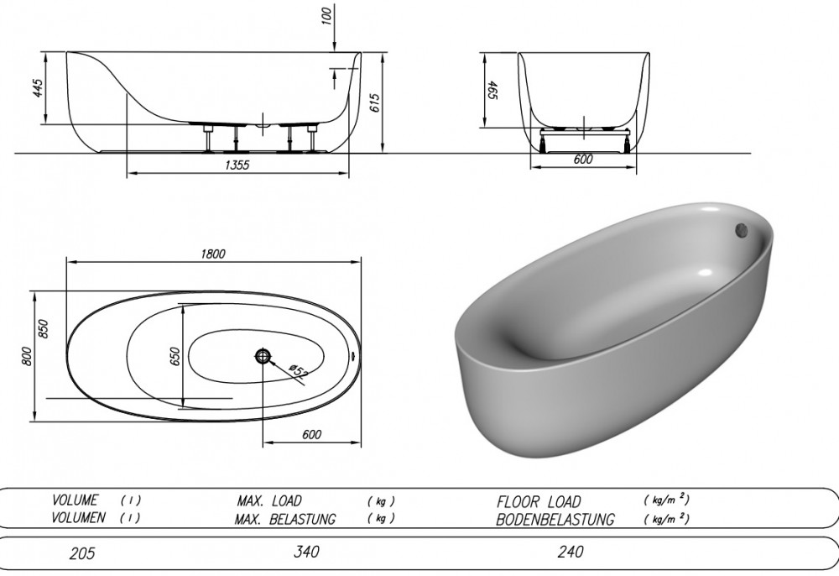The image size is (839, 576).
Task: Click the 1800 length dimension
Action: click(213, 254)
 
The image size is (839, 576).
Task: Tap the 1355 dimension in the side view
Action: click(237, 165)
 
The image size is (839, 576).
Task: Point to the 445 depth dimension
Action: click(38, 88)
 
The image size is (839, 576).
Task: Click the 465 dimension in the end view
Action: click(492, 91)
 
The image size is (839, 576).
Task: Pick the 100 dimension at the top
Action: click(327, 16)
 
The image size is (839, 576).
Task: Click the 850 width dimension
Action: click(43, 328)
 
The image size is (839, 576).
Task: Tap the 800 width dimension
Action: click(27, 356)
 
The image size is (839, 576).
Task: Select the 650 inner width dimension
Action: click(175, 356)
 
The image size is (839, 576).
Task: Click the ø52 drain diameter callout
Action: click(298, 371)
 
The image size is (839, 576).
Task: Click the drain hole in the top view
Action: click(263, 355)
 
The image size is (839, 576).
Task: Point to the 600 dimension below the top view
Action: click(311, 434)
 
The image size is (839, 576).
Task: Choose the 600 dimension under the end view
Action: click(583, 159)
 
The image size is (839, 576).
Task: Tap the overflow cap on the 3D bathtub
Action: click(743, 230)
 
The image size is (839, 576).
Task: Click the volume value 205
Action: click(82, 553)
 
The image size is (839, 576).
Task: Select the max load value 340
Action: click(306, 552)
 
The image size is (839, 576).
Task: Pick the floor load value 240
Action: click(571, 552)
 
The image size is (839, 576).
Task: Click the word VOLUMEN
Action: click(78, 518)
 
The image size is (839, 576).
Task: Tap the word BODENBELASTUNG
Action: click(555, 519)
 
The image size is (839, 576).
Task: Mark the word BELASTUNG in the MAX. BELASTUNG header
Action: click(304, 519)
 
